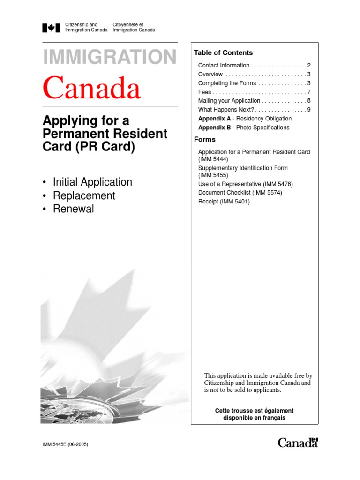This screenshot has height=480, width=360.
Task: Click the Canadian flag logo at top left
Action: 52,28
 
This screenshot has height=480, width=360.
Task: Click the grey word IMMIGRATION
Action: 110,58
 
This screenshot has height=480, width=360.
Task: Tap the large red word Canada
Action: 92,89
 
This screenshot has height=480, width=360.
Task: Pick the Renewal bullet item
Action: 74,209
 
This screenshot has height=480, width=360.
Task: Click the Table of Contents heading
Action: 223,53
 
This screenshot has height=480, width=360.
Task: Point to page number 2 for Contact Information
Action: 309,66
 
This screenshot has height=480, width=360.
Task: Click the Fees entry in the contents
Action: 205,92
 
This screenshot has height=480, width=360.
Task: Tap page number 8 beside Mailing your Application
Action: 309,101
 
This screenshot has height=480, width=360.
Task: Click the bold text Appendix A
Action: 214,119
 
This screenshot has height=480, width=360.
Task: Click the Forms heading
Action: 205,140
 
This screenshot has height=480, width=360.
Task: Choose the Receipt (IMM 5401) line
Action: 224,202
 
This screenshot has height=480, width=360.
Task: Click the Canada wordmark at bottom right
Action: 298,442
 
